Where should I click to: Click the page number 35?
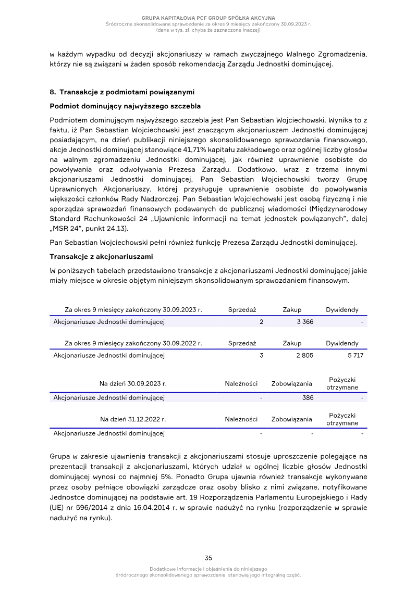click(x=208, y=557)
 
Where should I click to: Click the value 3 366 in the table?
click(x=305, y=322)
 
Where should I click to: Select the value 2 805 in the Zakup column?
click(x=305, y=356)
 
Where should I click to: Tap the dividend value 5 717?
click(x=354, y=356)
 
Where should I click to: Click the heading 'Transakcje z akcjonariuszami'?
click(x=101, y=256)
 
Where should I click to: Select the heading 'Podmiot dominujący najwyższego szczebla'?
click(x=125, y=106)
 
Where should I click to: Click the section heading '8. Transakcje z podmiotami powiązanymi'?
click(x=122, y=93)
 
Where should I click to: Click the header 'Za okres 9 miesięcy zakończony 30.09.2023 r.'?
click(x=133, y=310)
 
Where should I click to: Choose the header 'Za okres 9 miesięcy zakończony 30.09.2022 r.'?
click(x=133, y=344)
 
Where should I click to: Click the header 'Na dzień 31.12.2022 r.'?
click(x=133, y=419)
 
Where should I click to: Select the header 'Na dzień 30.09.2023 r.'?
click(x=133, y=384)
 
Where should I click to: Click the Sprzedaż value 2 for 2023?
click(x=261, y=322)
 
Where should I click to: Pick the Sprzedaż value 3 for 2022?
click(x=261, y=356)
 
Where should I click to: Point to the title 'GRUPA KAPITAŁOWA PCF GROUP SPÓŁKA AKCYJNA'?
click(x=208, y=18)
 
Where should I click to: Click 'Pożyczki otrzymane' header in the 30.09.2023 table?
click(x=342, y=384)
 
